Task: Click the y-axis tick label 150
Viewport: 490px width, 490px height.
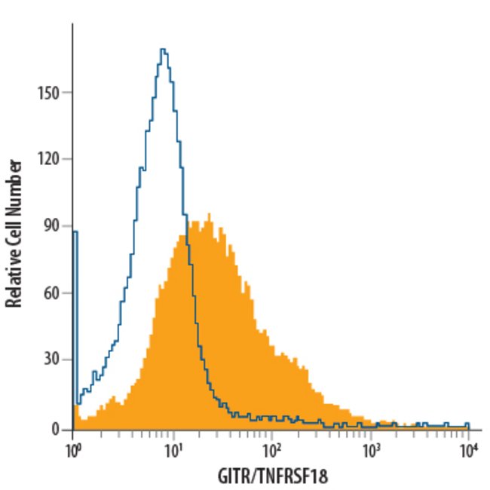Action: click(x=51, y=93)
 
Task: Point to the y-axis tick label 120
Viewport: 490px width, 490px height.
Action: click(x=51, y=159)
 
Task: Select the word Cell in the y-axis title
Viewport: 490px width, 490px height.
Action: click(x=14, y=217)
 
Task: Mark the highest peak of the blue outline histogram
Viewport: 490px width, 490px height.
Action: click(x=164, y=50)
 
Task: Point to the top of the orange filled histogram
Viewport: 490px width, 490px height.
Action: click(x=209, y=215)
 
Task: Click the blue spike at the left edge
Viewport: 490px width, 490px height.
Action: click(x=75, y=234)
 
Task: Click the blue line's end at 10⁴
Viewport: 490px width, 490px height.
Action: click(x=468, y=424)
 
